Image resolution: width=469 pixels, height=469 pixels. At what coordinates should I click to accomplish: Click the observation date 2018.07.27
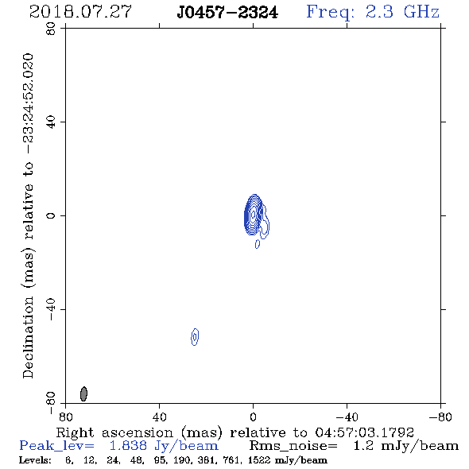click(x=80, y=12)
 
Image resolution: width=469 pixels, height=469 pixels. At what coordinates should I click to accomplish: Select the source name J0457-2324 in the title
click(x=227, y=13)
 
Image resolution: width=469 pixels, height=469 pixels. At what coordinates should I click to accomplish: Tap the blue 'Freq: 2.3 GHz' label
click(x=373, y=12)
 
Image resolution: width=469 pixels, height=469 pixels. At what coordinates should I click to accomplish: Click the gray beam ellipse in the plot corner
click(x=83, y=393)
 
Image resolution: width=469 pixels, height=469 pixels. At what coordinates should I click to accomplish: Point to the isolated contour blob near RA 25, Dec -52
click(x=195, y=337)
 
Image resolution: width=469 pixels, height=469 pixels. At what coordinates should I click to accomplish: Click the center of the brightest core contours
click(x=254, y=214)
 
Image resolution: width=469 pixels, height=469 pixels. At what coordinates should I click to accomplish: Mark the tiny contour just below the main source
click(x=258, y=244)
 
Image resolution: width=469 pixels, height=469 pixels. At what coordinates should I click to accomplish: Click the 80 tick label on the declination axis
click(x=51, y=29)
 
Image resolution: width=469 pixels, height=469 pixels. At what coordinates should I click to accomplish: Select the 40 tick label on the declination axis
click(x=51, y=122)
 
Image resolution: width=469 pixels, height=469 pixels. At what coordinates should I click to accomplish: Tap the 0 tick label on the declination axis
click(x=51, y=215)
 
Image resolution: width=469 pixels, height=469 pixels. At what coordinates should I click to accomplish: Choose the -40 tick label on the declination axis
click(x=51, y=309)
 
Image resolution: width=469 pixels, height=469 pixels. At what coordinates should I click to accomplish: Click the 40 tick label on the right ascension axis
click(x=159, y=417)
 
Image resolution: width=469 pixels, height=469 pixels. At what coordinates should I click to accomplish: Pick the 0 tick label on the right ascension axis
click(x=253, y=417)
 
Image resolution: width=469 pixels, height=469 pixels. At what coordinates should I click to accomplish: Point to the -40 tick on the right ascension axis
click(x=347, y=417)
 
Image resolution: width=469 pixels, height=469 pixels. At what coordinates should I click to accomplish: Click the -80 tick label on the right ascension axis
click(x=440, y=417)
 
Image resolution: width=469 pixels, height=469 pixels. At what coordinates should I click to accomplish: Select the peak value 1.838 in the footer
click(x=128, y=446)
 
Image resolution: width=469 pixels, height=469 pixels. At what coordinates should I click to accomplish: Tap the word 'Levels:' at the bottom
click(x=35, y=460)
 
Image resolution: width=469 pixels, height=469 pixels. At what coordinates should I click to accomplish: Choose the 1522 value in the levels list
click(x=259, y=460)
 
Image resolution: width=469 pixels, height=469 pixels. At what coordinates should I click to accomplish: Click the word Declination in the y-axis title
click(x=28, y=337)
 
